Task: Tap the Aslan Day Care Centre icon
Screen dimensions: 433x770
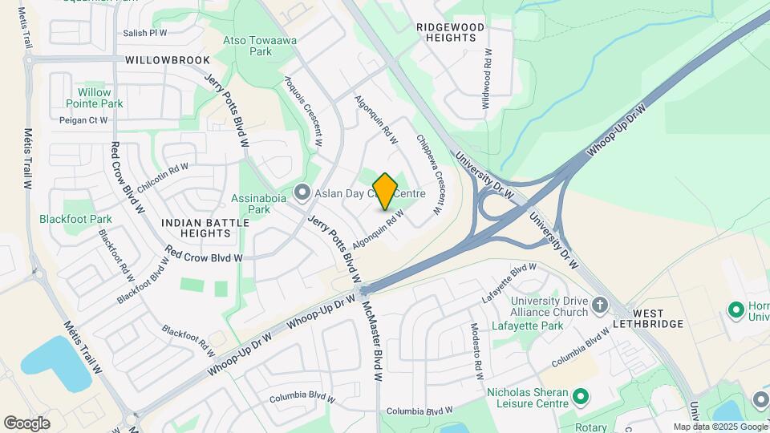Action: click(302, 192)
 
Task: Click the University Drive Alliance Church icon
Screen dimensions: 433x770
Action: click(602, 306)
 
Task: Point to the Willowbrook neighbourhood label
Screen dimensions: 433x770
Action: click(168, 60)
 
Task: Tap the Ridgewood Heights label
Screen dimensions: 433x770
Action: click(451, 32)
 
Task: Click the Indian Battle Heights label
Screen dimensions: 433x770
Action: click(196, 228)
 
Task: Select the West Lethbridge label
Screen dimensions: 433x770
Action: click(658, 318)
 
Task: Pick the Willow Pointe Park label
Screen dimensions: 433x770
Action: click(95, 98)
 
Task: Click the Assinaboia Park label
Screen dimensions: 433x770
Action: click(249, 204)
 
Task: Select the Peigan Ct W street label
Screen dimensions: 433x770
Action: click(83, 120)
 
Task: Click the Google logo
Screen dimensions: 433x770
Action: click(27, 423)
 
